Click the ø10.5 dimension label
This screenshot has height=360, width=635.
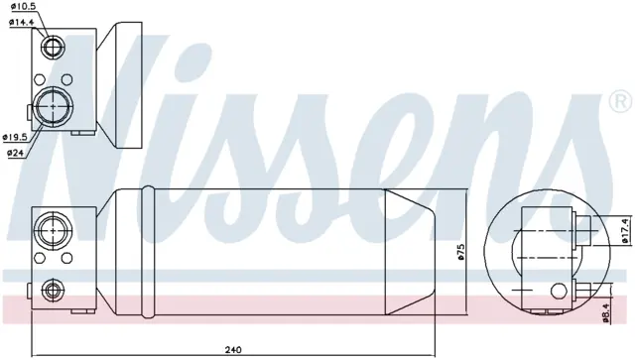pos(19,7)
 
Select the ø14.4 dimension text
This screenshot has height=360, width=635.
pos(21,22)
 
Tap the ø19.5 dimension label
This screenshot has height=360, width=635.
pos(15,137)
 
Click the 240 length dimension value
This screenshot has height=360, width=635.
pos(233,349)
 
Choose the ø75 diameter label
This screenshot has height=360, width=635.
pos(460,253)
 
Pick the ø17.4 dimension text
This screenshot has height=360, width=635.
pos(624,231)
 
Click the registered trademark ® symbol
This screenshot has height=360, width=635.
pos(621,102)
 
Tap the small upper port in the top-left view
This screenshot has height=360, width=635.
pos(53,47)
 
